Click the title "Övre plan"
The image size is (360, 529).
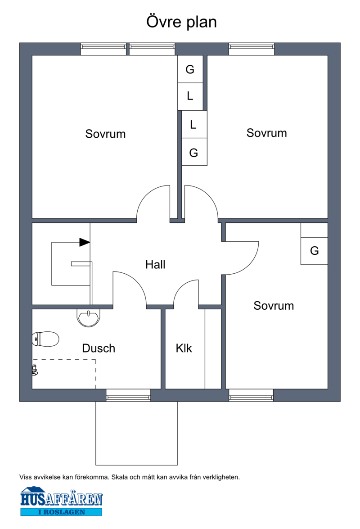pyautogui.click(x=181, y=22)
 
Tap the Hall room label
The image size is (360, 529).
pyautogui.click(x=155, y=265)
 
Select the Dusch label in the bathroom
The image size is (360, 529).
pyautogui.click(x=99, y=348)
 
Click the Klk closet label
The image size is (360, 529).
pyautogui.click(x=184, y=348)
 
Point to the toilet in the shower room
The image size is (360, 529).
pyautogui.click(x=46, y=339)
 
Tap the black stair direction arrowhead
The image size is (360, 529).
pyautogui.click(x=85, y=242)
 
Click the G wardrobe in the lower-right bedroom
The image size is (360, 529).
pyautogui.click(x=314, y=251)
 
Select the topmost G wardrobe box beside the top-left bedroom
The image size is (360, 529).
pyautogui.click(x=190, y=70)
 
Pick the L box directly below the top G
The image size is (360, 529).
pyautogui.click(x=190, y=96)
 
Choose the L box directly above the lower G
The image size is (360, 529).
pyautogui.click(x=193, y=125)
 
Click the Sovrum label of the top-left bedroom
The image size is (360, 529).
pyautogui.click(x=105, y=134)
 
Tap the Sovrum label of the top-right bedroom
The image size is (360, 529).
pyautogui.click(x=266, y=133)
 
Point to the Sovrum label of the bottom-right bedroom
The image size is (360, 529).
pyautogui.click(x=274, y=306)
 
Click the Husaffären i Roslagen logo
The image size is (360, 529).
pyautogui.click(x=62, y=501)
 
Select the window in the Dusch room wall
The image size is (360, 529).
pyautogui.click(x=128, y=395)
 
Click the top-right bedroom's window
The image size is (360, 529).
pyautogui.click(x=252, y=49)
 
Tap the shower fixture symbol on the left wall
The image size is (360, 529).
pyautogui.click(x=35, y=370)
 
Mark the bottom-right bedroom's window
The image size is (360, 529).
pyautogui.click(x=251, y=395)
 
